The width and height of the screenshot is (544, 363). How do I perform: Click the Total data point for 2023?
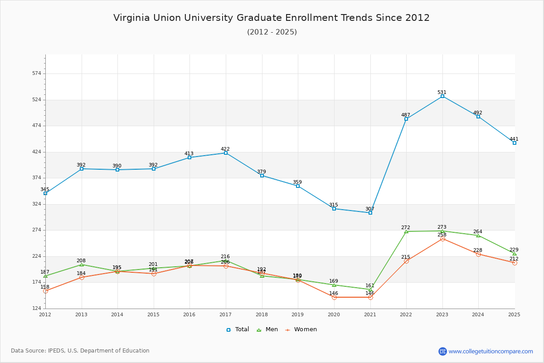442,96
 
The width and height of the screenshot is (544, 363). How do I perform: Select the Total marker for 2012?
45,193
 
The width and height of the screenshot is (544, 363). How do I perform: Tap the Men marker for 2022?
406,231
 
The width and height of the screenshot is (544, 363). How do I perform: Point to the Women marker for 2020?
334,297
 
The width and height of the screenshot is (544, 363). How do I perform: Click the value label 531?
442,92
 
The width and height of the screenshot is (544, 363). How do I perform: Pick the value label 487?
406,115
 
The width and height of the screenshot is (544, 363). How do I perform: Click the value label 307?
370,209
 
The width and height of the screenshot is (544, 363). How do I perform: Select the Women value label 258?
442,235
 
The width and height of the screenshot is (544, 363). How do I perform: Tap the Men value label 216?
225,256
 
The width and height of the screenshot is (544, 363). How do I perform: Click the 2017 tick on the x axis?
225,314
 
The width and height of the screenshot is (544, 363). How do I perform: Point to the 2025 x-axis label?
514,314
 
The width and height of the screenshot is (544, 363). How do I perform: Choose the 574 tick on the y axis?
37,74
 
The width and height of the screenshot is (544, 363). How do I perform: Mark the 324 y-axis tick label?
37,204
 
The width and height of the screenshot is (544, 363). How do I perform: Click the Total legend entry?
238,329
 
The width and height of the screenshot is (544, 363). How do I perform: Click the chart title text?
272,18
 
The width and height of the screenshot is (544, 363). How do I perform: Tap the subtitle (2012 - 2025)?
272,32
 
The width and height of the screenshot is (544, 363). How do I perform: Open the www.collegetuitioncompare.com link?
491,351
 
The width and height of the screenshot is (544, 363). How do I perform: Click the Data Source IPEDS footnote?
80,351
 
